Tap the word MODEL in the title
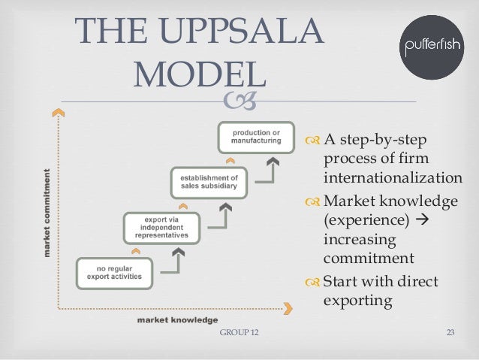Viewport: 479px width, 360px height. click(203, 76)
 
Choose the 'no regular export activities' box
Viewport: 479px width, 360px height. click(114, 273)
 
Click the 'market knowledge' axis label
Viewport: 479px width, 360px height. click(177, 319)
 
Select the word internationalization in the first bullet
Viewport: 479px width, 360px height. click(393, 178)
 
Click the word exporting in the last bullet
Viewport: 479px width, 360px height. click(357, 301)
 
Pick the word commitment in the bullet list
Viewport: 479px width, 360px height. click(369, 259)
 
